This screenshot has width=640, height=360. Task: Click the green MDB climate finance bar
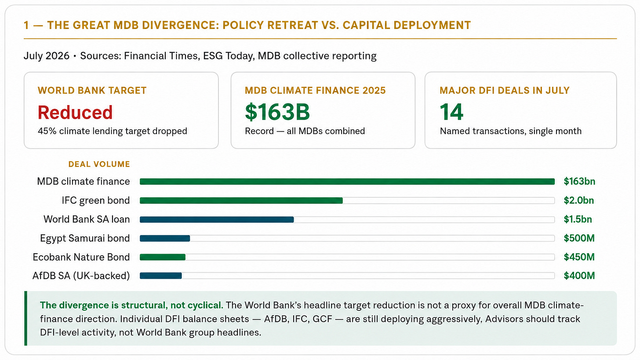(x=347, y=182)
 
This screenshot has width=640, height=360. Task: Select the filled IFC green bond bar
(x=241, y=200)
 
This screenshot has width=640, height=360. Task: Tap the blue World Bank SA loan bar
(x=217, y=219)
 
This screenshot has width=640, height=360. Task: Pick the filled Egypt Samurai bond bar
(x=165, y=238)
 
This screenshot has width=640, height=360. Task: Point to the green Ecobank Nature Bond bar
(x=163, y=257)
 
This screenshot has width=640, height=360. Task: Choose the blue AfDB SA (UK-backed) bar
(x=160, y=276)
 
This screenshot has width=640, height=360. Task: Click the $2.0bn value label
(x=578, y=200)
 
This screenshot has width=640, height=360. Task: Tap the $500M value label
(x=579, y=238)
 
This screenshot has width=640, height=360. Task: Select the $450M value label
(x=579, y=257)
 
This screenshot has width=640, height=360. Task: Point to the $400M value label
(x=579, y=276)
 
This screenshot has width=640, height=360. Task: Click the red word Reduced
(x=75, y=112)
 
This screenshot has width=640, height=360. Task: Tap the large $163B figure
(x=277, y=112)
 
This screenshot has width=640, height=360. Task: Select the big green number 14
(x=451, y=112)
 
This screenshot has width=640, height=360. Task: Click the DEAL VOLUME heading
(x=99, y=164)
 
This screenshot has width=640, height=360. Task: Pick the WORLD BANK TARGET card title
(x=92, y=91)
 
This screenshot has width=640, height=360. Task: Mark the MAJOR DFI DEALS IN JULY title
(x=505, y=91)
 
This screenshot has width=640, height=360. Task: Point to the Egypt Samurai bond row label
(x=85, y=238)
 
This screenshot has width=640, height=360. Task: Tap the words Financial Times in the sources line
(x=161, y=56)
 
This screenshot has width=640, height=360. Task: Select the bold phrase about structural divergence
(x=131, y=305)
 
